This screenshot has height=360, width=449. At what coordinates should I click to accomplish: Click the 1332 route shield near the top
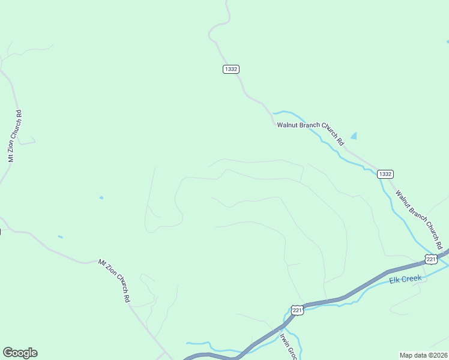pyautogui.click(x=231, y=70)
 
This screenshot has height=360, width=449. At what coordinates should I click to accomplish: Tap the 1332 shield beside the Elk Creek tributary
pyautogui.click(x=385, y=174)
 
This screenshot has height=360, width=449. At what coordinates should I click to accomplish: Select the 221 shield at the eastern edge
pyautogui.click(x=431, y=259)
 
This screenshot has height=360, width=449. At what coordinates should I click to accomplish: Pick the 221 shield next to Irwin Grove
pyautogui.click(x=297, y=310)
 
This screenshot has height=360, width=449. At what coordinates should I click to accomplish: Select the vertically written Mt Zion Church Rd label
pyautogui.click(x=14, y=136)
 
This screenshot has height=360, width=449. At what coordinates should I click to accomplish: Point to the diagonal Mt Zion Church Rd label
pyautogui.click(x=115, y=280)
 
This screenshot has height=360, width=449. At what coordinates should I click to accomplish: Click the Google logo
pyautogui.click(x=20, y=353)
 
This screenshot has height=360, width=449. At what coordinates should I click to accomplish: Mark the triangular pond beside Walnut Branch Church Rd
pyautogui.click(x=354, y=136)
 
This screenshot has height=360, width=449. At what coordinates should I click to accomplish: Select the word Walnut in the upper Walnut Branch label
pyautogui.click(x=287, y=125)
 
